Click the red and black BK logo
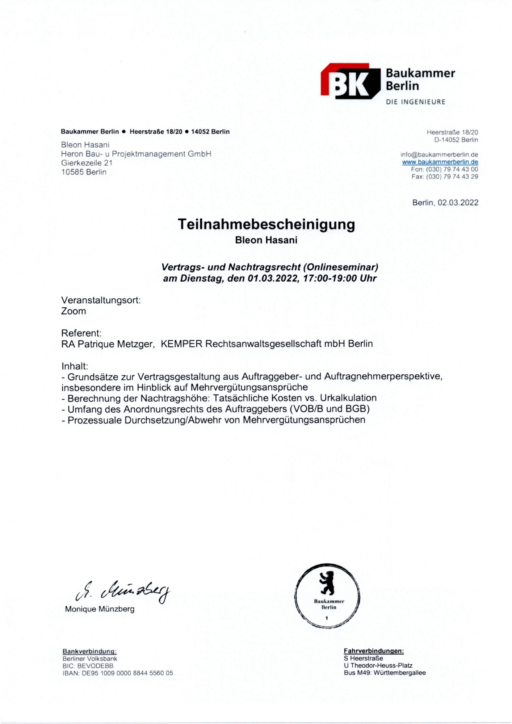[x=350, y=81]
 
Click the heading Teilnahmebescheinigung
[x=266, y=224]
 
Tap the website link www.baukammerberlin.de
[x=440, y=162]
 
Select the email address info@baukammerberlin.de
[x=439, y=155]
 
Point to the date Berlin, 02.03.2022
[x=445, y=203]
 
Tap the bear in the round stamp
[x=327, y=582]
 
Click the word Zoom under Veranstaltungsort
[x=74, y=311]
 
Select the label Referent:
[x=81, y=333]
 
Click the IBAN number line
[x=118, y=673]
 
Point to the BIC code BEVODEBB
[x=95, y=666]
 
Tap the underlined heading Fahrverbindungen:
[x=374, y=651]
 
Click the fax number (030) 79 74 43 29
[x=452, y=177]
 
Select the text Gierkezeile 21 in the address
[x=87, y=163]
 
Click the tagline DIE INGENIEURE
[x=416, y=102]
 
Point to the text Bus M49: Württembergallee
[x=385, y=673]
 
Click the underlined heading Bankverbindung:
[x=89, y=651]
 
